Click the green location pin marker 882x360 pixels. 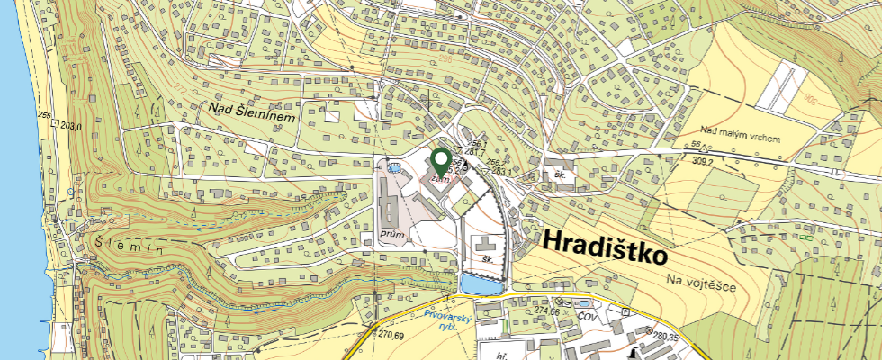coord(441,161)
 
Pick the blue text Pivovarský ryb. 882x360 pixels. coord(442,320)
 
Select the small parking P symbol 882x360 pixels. coord(625,310)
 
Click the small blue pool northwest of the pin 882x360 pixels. coord(393,167)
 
